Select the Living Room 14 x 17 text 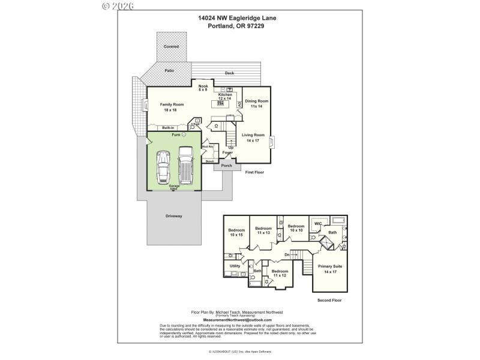tap(253, 137)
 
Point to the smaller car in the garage tap(163, 167)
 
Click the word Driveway tap(174, 215)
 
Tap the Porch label tap(226, 166)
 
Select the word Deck tap(229, 73)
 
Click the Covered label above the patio tap(171, 46)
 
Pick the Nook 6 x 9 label tap(203, 88)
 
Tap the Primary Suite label tap(330, 269)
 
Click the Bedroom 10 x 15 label tap(236, 233)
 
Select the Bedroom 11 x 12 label tap(280, 274)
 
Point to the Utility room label tap(235, 265)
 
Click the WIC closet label tap(318, 224)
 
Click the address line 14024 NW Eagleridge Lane tap(237, 18)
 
